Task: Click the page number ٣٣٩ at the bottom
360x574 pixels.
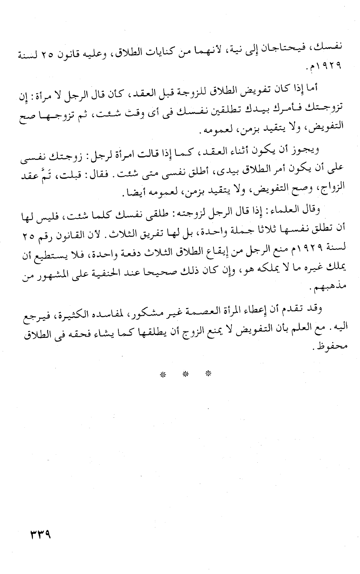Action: (x=41, y=535)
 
